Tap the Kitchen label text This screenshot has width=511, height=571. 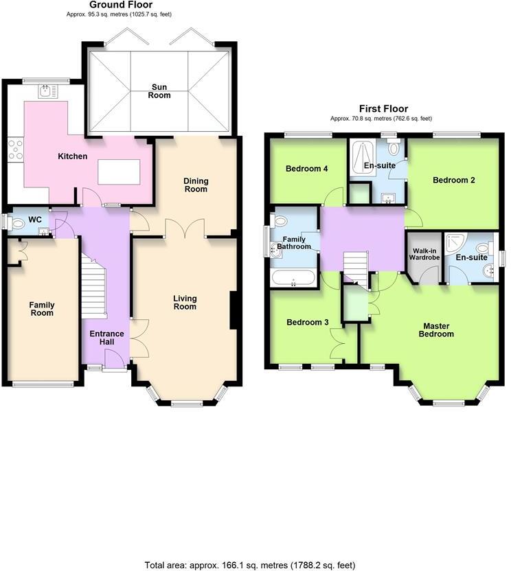[x=72, y=156]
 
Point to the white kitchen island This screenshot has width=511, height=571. [x=119, y=171]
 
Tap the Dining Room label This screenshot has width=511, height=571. [x=196, y=185]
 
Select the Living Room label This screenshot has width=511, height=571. [x=185, y=303]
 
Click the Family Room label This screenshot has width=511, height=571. [x=41, y=309]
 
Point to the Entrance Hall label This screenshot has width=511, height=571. [x=107, y=338]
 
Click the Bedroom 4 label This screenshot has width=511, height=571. [x=306, y=168]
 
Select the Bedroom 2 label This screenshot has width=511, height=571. [x=454, y=180]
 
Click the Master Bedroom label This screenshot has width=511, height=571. [x=438, y=330]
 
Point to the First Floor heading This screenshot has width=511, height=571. [x=383, y=108]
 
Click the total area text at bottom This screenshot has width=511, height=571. [x=250, y=565]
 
